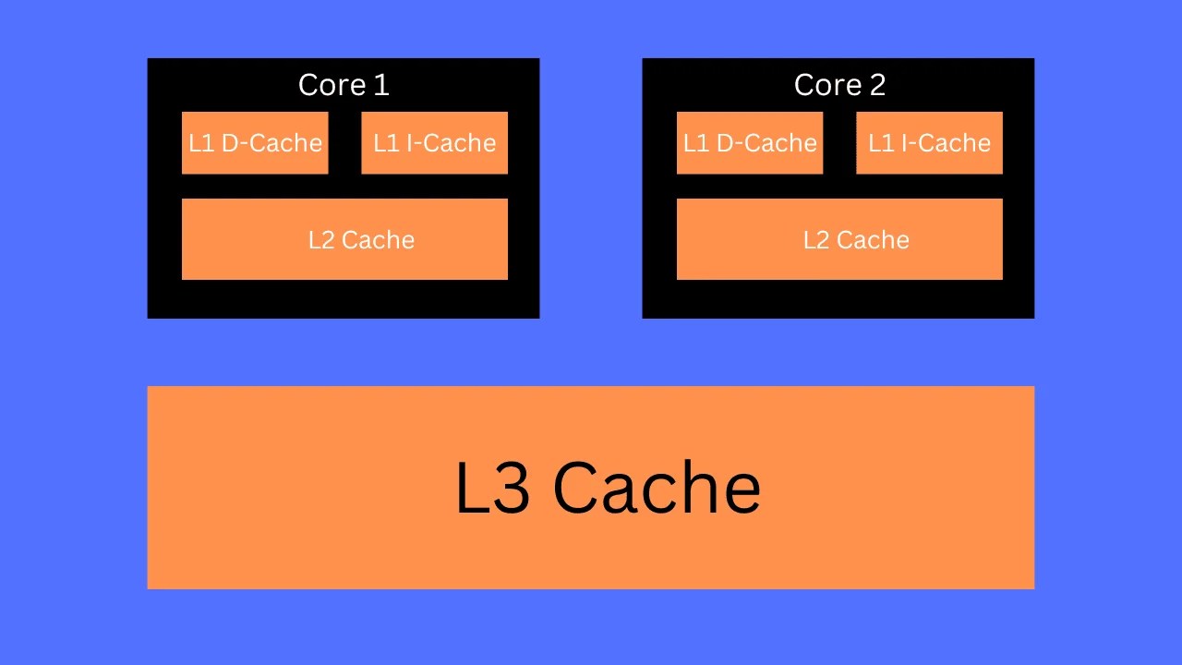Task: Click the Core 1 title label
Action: pyautogui.click(x=344, y=85)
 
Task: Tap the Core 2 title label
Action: pyautogui.click(x=839, y=85)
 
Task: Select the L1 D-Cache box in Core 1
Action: pyautogui.click(x=255, y=142)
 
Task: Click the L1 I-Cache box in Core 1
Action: pyautogui.click(x=434, y=142)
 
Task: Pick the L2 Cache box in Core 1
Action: pyautogui.click(x=344, y=239)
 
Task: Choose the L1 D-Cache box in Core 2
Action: pyautogui.click(x=750, y=142)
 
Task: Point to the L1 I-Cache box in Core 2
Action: pyautogui.click(x=929, y=142)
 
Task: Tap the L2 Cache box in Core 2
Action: pyautogui.click(x=839, y=239)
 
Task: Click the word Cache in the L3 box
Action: pyautogui.click(x=657, y=489)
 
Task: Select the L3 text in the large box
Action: pyautogui.click(x=492, y=489)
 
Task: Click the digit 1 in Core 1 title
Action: pyautogui.click(x=381, y=85)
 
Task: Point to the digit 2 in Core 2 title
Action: pyautogui.click(x=876, y=85)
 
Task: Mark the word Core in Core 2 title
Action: pyautogui.click(x=827, y=85)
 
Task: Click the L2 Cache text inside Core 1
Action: pyautogui.click(x=361, y=240)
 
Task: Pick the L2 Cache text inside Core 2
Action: pyautogui.click(x=856, y=240)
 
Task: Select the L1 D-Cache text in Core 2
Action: pyautogui.click(x=750, y=143)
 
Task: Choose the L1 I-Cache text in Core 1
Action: pyautogui.click(x=434, y=143)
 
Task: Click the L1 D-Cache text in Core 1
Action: pyautogui.click(x=255, y=143)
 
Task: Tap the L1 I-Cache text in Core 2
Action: pyautogui.click(x=929, y=143)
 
